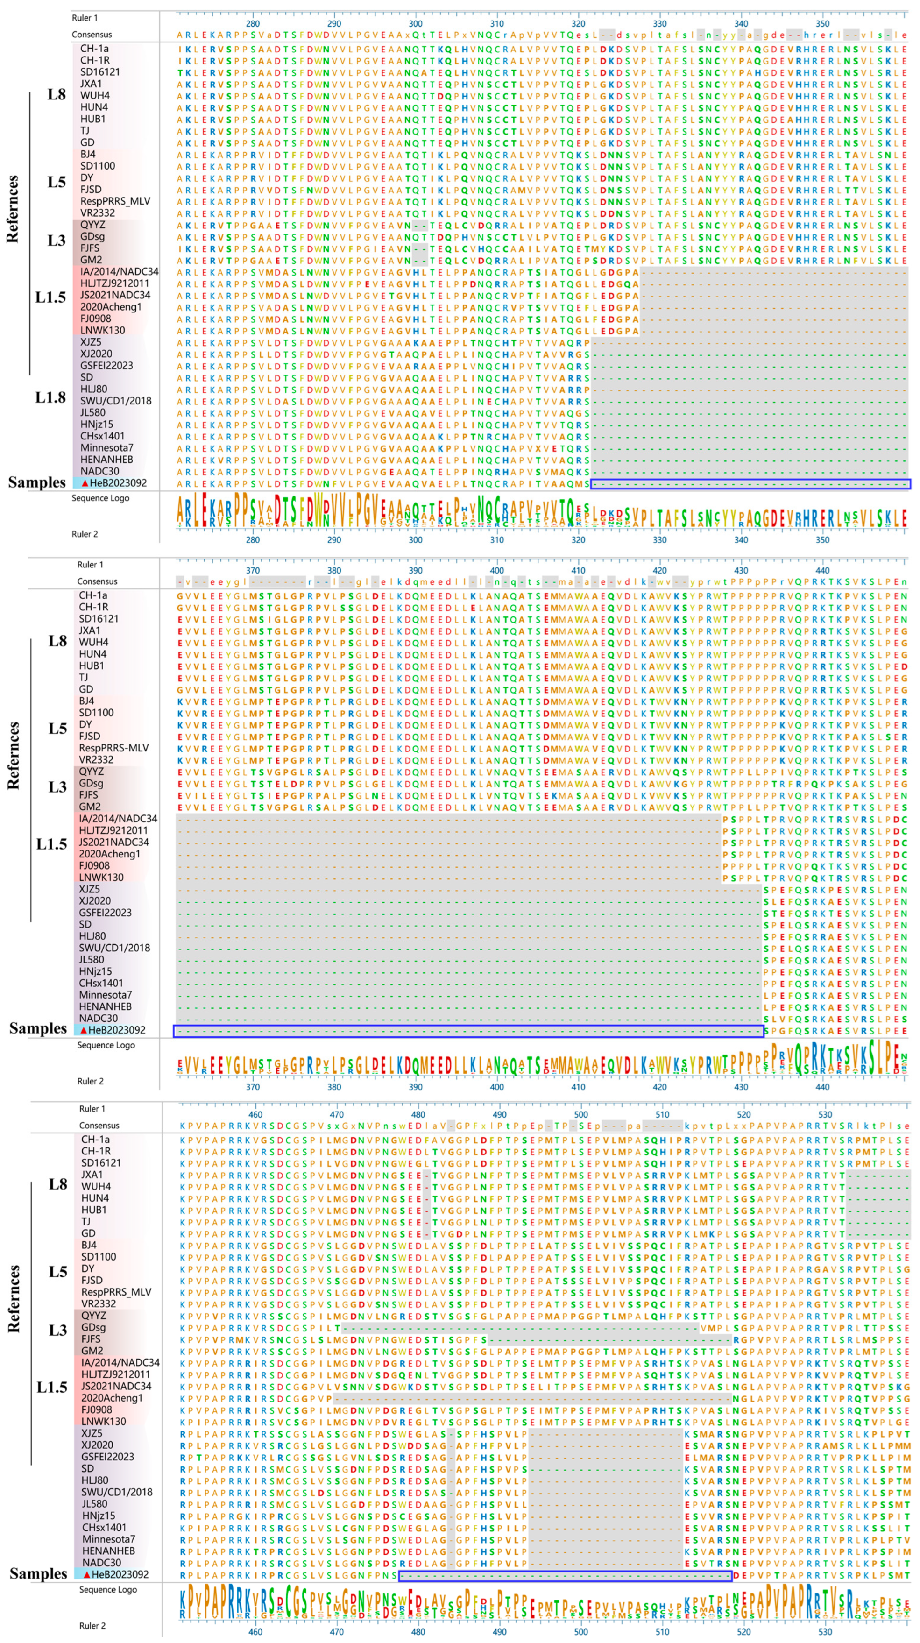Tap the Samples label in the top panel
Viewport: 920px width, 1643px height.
(37, 482)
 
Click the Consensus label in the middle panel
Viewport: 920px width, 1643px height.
(97, 581)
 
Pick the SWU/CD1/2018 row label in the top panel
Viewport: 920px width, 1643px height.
(115, 401)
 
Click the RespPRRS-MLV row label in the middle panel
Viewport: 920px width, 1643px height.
(114, 748)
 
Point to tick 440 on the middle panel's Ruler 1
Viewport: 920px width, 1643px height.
(822, 570)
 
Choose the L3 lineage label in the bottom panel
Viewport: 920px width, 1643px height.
(57, 1330)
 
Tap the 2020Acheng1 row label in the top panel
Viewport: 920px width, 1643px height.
(111, 307)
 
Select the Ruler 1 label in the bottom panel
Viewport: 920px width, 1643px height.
(92, 1109)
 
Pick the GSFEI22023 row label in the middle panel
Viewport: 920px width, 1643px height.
(106, 912)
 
